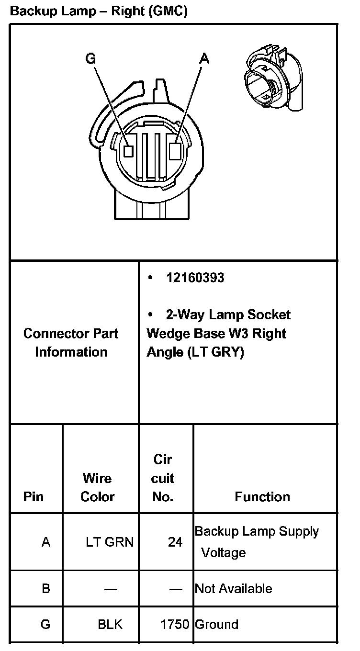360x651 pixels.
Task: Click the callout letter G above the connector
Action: [90, 58]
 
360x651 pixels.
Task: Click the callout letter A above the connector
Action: [204, 58]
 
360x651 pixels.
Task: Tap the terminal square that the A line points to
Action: [175, 151]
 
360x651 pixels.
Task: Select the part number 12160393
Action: [195, 278]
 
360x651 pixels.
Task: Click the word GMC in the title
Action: [168, 11]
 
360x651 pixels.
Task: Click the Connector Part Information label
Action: [71, 343]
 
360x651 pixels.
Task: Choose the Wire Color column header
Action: [98, 487]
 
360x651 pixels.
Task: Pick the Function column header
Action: [262, 497]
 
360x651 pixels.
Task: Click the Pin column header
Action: [33, 497]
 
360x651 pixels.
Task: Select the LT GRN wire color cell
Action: [110, 542]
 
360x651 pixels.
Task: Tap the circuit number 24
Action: [175, 542]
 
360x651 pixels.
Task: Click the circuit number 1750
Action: [175, 625]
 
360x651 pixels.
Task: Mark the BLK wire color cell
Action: [110, 625]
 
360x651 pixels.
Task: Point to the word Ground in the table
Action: [216, 625]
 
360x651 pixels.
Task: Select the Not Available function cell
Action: [233, 589]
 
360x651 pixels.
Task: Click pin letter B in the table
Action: [46, 588]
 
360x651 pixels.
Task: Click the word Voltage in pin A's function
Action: [223, 553]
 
